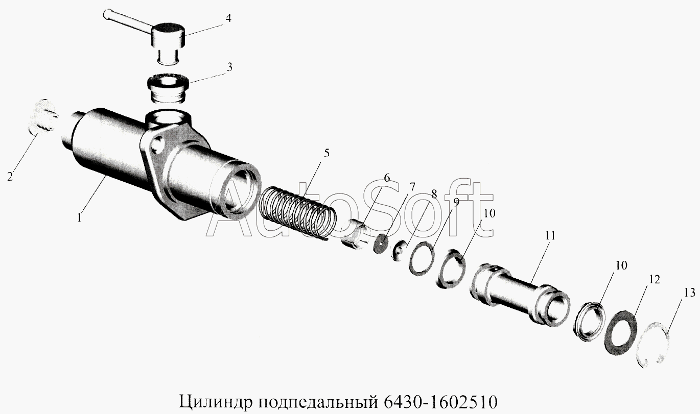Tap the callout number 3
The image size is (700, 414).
click(229, 67)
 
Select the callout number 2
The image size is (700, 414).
click(10, 177)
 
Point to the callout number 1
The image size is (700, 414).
click(79, 217)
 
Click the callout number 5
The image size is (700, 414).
click(326, 153)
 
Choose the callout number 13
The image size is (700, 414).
click(689, 293)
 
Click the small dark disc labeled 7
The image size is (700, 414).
click(381, 244)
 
